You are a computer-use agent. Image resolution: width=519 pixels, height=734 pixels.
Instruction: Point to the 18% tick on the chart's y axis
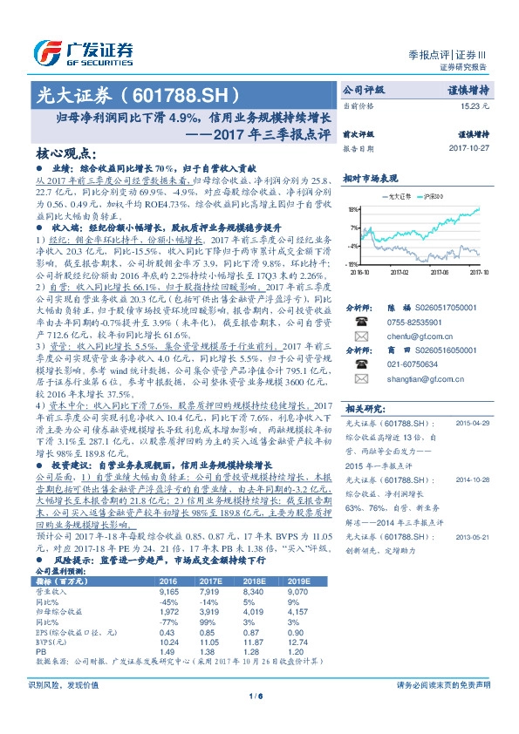pos(352,210)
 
